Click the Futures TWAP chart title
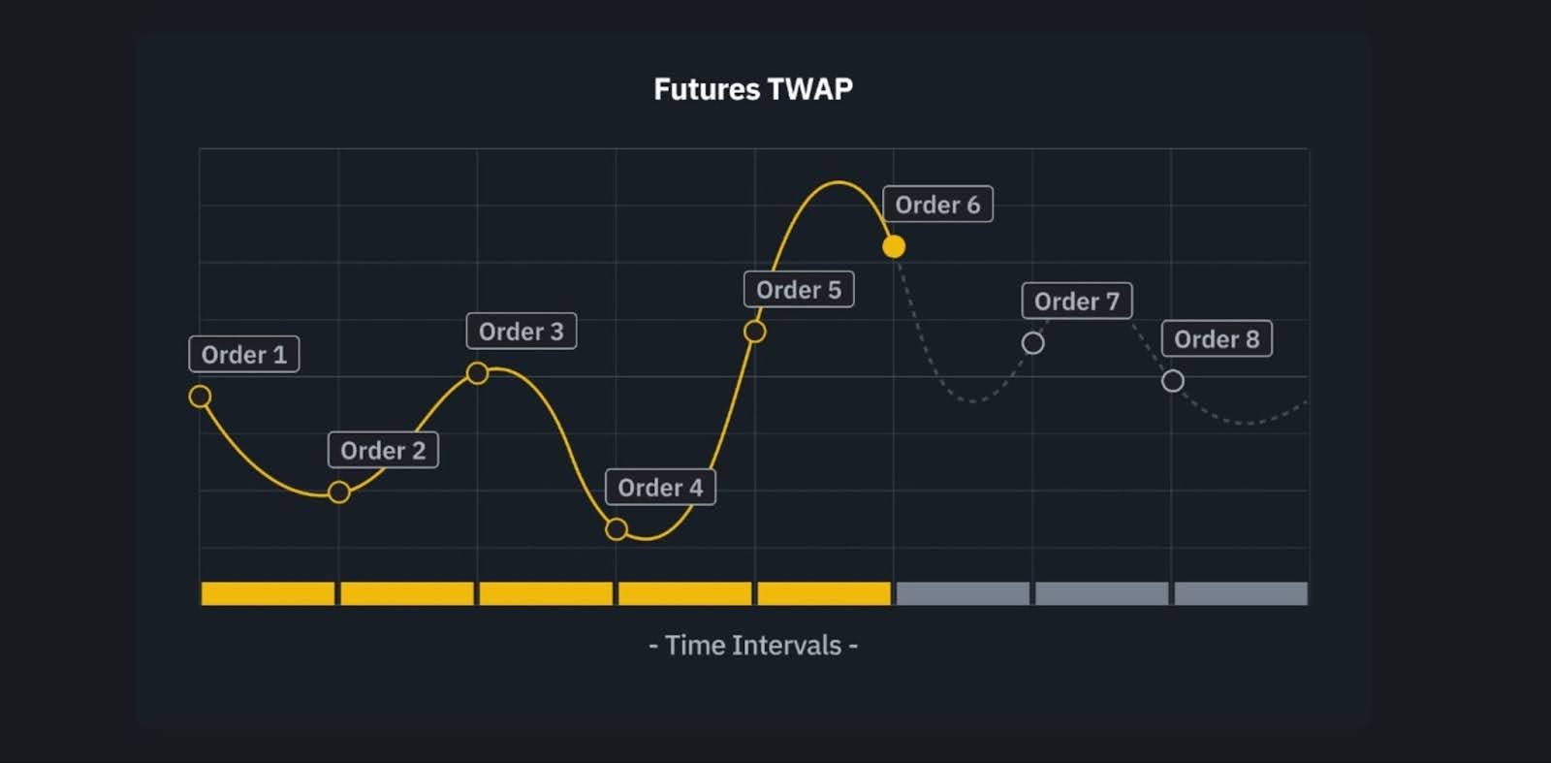753,89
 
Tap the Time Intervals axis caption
753,646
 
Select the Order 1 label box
244,355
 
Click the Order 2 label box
383,451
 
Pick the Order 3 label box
522,332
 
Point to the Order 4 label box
660,488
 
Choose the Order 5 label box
799,290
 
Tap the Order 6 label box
937,205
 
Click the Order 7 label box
1077,302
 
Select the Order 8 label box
1217,339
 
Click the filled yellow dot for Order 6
894,247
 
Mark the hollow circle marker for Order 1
200,397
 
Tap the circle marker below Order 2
338,493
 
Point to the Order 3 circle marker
477,373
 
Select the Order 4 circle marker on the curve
617,529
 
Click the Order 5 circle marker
755,332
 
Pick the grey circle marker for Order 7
1033,343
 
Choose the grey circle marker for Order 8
1173,381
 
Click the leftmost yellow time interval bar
268,593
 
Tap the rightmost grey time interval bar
1241,593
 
